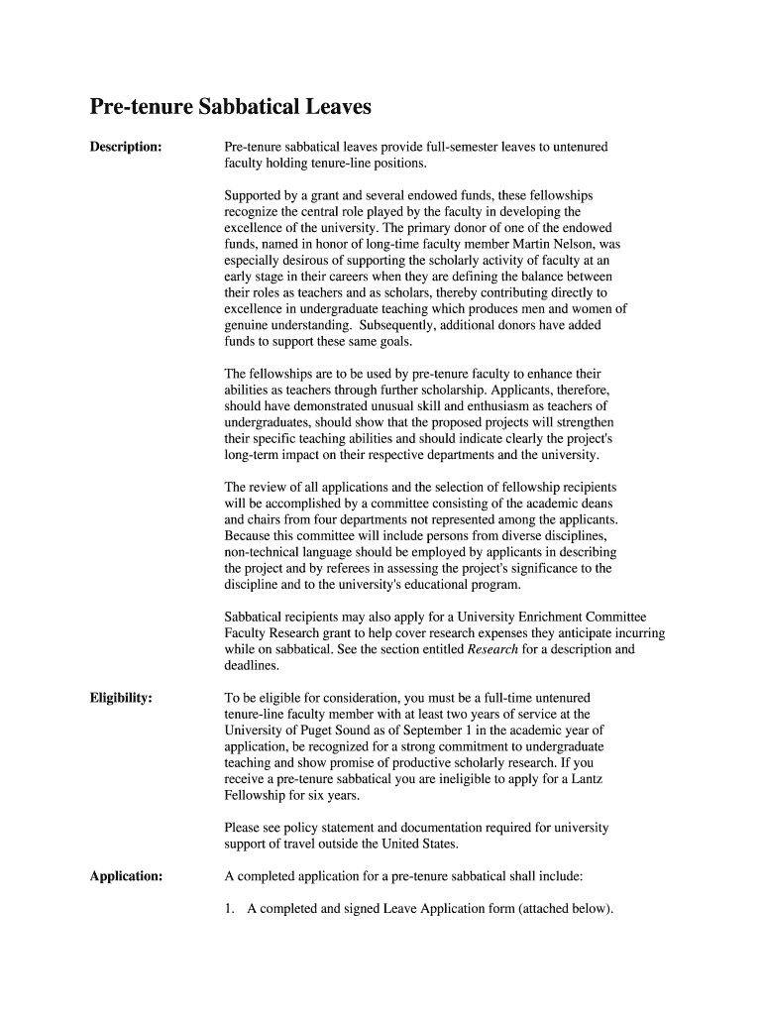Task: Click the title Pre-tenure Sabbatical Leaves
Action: pos(230,106)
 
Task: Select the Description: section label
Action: pos(126,147)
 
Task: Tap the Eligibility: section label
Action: pos(121,698)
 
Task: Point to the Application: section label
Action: pos(126,876)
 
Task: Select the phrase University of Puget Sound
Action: pos(296,730)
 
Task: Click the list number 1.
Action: pos(230,909)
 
